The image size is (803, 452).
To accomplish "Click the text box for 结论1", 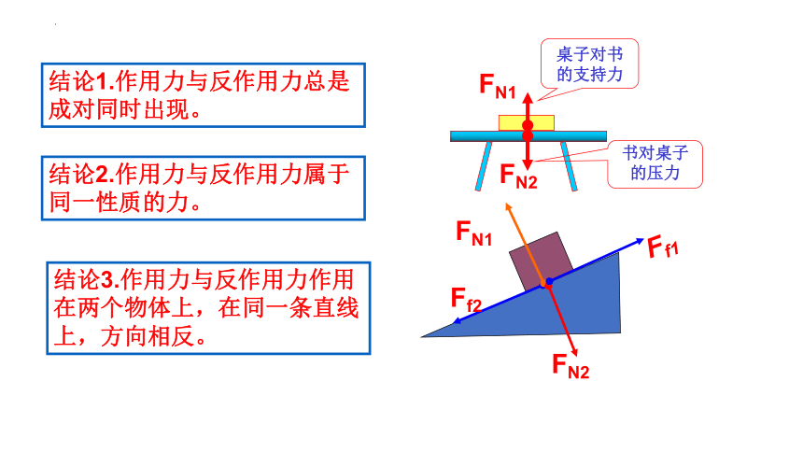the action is [204, 95].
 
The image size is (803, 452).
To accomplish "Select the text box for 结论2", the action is [204, 188].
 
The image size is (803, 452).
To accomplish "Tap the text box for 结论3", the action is [208, 308].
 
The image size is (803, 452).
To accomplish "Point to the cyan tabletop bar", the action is [528, 136].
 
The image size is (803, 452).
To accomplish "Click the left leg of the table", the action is [484, 166].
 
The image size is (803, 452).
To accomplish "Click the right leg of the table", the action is [569, 166].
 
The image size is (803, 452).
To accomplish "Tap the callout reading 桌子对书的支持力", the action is [589, 64].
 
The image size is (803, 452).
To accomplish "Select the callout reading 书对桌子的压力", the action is [655, 163].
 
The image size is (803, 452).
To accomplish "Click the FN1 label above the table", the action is [498, 86].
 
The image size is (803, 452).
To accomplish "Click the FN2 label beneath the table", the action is [518, 177].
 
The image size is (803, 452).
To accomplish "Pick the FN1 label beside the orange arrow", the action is [473, 233].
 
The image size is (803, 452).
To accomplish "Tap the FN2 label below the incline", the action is [571, 366].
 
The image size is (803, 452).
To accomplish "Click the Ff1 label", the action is [663, 247].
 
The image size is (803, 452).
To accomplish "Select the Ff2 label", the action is [466, 300].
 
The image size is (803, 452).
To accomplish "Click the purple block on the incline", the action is [541, 261].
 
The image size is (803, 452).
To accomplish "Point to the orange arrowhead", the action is [509, 206].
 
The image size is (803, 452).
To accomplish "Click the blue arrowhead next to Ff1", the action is [639, 241].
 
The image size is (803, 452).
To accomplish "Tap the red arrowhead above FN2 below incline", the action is [574, 352].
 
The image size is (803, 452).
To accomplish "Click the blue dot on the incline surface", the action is [550, 281].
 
